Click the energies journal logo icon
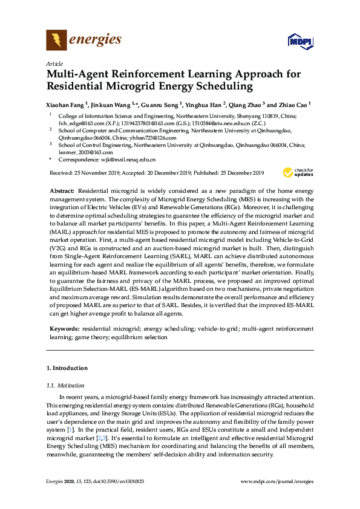[x=56, y=41]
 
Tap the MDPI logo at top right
[x=300, y=42]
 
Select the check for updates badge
[x=300, y=173]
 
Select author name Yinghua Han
[x=206, y=104]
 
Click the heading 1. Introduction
[x=67, y=368]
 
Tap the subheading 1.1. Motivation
[x=66, y=384]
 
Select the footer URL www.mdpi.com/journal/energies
[x=277, y=481]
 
